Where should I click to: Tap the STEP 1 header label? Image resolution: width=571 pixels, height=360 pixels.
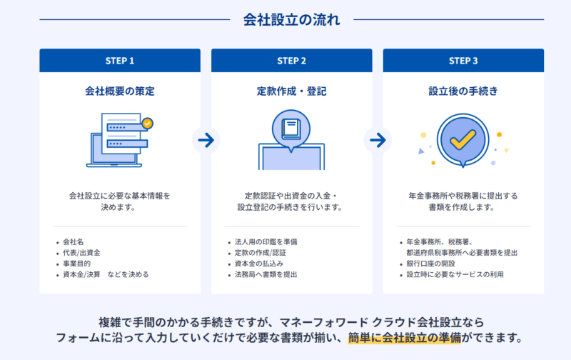119,61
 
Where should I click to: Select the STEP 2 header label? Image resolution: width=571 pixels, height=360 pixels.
291,61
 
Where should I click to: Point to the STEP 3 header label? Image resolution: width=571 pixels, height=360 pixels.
463,61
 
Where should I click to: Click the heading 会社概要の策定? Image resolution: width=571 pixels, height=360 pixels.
119,91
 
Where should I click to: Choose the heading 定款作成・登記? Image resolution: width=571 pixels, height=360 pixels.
291,91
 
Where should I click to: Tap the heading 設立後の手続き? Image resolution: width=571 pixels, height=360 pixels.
463,91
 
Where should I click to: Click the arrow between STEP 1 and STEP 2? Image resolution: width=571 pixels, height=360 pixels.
206,140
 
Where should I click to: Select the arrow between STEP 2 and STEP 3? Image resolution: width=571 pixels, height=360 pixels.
378,140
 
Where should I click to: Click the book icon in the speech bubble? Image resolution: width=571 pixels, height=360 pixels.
290,129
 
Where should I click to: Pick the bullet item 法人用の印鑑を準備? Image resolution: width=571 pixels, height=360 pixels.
266,241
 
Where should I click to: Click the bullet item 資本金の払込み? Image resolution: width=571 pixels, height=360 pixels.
258,263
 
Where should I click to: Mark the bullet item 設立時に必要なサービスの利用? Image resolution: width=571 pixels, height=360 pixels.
455,274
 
